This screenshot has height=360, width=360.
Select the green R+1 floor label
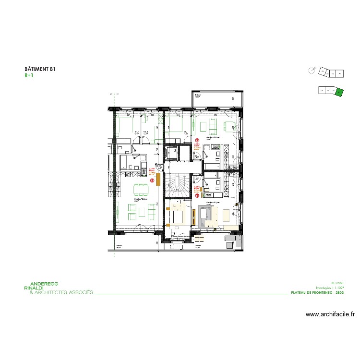(x=28, y=75)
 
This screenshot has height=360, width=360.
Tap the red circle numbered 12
(x=197, y=140)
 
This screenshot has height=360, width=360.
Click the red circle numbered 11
(x=197, y=195)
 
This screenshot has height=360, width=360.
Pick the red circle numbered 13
(x=153, y=181)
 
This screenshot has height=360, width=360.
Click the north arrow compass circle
(x=312, y=71)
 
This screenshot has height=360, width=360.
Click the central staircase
(x=179, y=185)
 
